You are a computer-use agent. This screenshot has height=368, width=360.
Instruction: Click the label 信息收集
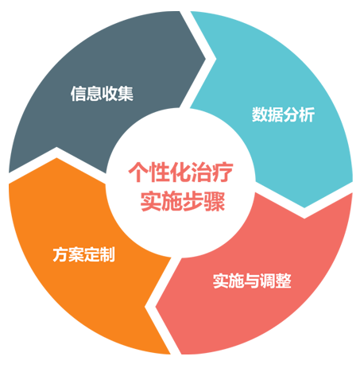coord(102,93)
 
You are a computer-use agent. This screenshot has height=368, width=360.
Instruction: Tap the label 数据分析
coord(283,114)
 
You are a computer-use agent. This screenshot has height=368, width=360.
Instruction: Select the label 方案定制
coord(83,254)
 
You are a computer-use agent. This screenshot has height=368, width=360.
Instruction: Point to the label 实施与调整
coord(252,281)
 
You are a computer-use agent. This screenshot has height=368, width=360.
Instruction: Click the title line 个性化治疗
coord(180,172)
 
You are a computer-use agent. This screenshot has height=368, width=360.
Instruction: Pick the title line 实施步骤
coord(183,201)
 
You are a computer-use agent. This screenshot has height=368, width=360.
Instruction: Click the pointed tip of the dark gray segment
coord(205,58)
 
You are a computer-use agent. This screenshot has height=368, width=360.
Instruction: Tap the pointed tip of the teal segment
coord(304,207)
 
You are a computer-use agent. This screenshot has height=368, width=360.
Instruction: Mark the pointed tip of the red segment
coord(156,307)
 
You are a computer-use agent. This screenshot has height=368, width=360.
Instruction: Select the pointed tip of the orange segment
coord(56,158)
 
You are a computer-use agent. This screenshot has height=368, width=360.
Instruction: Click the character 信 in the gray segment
coord(79,93)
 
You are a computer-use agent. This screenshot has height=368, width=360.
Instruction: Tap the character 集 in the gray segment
coord(126,93)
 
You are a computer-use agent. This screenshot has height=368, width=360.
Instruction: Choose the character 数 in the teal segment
coord(259,114)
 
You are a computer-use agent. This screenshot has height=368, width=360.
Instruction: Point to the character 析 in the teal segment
coord(307,114)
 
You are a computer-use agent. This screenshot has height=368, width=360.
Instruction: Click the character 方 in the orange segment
coord(60,254)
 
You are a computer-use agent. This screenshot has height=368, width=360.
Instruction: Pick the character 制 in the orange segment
coord(107,254)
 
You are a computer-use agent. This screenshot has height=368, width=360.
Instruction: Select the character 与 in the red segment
coord(252,281)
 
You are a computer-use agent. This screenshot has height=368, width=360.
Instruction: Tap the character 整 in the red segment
coord(283,281)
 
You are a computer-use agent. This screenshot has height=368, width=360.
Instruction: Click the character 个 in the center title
coord(138,172)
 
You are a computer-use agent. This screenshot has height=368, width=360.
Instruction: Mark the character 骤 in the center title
coord(215,201)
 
